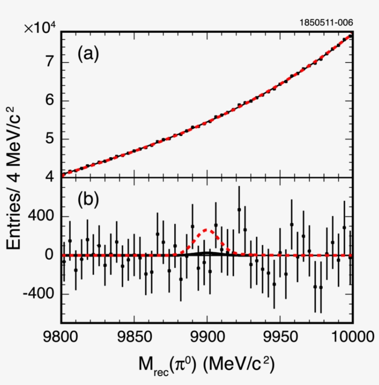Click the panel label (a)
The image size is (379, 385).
(x=88, y=55)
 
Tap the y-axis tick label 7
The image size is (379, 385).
(x=52, y=62)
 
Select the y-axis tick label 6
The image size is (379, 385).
(x=52, y=101)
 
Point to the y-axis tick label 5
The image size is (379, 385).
(x=52, y=139)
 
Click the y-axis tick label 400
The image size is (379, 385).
(x=42, y=217)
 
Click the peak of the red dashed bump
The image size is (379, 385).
(x=207, y=230)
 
